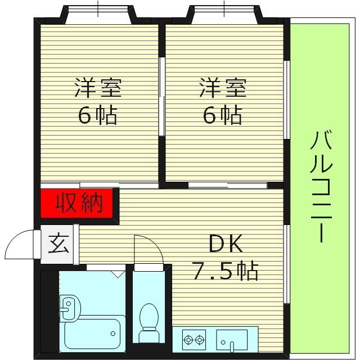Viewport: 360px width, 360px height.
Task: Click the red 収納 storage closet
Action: pyautogui.click(x=79, y=202)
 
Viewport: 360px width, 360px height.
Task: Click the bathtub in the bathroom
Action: pyautogui.click(x=92, y=334)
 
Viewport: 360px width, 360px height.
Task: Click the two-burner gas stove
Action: pyautogui.click(x=193, y=340)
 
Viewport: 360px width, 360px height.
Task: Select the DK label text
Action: pyautogui.click(x=226, y=244)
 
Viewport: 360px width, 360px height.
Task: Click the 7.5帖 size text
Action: pyautogui.click(x=226, y=271)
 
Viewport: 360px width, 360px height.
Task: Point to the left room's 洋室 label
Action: pyautogui.click(x=98, y=89)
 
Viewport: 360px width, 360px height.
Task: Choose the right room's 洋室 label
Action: pyautogui.click(x=223, y=89)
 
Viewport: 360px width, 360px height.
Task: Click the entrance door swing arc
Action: pyautogui.click(x=22, y=245)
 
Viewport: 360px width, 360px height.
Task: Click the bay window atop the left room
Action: pyautogui.click(x=98, y=12)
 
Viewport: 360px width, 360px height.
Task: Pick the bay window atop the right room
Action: pyautogui.click(x=224, y=12)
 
